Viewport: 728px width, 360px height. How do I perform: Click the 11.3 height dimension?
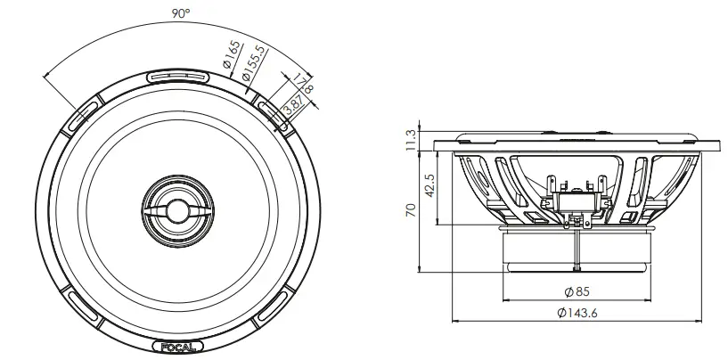point(411,140)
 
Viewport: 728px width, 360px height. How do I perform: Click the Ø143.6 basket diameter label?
point(577,314)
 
